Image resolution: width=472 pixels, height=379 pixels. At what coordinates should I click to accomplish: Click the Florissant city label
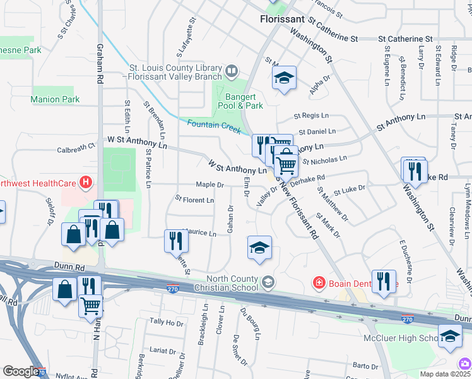[x=282, y=20]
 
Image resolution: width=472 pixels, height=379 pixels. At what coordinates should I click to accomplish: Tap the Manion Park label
[x=55, y=99]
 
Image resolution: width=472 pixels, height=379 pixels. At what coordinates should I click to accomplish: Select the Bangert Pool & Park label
[x=244, y=101]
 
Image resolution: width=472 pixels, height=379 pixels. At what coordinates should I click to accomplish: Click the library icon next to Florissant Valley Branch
[x=232, y=70]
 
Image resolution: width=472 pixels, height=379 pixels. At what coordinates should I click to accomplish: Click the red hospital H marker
[x=86, y=184]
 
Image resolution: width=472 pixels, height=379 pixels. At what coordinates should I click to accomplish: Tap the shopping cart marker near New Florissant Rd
[x=286, y=165]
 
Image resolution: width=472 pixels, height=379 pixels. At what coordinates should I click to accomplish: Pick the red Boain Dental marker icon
[x=321, y=282]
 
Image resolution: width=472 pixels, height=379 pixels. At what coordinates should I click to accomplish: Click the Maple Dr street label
[x=210, y=184]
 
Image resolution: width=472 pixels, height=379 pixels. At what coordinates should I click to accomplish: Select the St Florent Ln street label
[x=194, y=200]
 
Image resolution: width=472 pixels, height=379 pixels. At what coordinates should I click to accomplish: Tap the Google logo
[x=21, y=371]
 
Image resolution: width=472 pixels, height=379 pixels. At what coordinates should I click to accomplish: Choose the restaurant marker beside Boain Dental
[x=384, y=282]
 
